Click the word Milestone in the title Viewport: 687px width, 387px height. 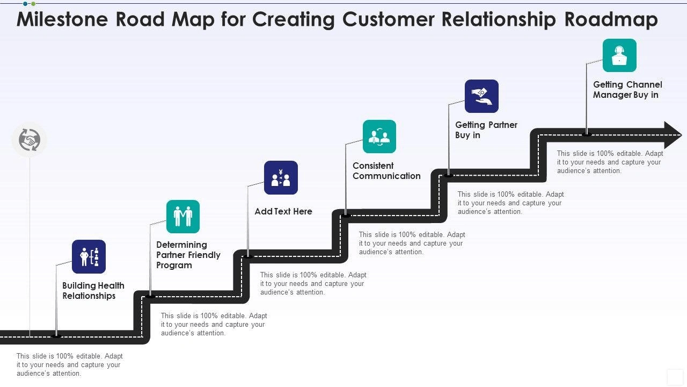click(61, 19)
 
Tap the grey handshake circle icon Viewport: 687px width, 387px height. click(30, 140)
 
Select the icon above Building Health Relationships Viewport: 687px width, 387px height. click(89, 256)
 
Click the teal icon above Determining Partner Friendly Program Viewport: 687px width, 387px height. click(183, 217)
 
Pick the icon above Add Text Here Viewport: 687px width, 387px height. click(281, 177)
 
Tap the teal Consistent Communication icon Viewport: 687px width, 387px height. click(379, 137)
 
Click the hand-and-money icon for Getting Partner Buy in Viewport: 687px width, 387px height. click(481, 96)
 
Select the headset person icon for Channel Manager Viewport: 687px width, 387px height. click(619, 55)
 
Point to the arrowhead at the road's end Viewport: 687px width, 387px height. click(672, 135)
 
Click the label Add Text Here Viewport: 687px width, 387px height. click(283, 211)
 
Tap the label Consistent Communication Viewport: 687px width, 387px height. click(386, 171)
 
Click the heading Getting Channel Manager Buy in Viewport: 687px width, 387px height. click(627, 90)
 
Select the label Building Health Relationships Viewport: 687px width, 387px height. click(93, 291)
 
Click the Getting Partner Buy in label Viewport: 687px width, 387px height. click(486, 130)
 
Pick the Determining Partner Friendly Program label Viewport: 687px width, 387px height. click(188, 255)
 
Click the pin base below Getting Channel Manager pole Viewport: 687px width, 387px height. click(587, 134)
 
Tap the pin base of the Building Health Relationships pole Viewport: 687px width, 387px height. click(56, 336)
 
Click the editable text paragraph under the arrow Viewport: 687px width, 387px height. click(610, 162)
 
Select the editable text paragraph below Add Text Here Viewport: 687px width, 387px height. click(313, 283)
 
